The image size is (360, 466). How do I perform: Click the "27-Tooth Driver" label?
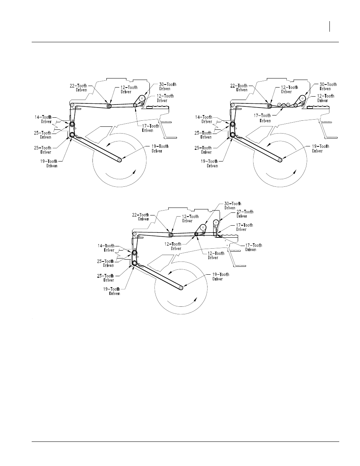click(245, 214)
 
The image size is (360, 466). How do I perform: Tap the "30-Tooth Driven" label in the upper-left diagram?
click(168, 86)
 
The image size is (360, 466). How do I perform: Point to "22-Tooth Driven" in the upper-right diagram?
click(239, 88)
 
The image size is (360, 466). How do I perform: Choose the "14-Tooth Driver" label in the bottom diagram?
click(106, 248)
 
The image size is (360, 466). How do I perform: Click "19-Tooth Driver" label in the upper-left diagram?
click(160, 149)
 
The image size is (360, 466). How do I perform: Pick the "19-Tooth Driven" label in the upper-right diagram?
click(209, 163)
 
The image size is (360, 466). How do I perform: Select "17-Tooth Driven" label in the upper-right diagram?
click(262, 118)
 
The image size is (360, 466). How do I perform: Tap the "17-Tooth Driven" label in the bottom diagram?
click(254, 247)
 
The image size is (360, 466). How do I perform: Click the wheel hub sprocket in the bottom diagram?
click(181, 288)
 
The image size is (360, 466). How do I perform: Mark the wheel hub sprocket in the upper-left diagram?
click(120, 160)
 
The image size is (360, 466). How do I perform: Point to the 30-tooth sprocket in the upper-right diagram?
click(303, 98)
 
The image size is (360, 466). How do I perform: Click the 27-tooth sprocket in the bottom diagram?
click(216, 222)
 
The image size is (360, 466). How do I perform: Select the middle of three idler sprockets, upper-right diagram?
click(284, 105)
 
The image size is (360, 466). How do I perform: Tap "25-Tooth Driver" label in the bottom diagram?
click(106, 278)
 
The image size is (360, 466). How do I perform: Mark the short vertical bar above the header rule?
click(329, 26)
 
